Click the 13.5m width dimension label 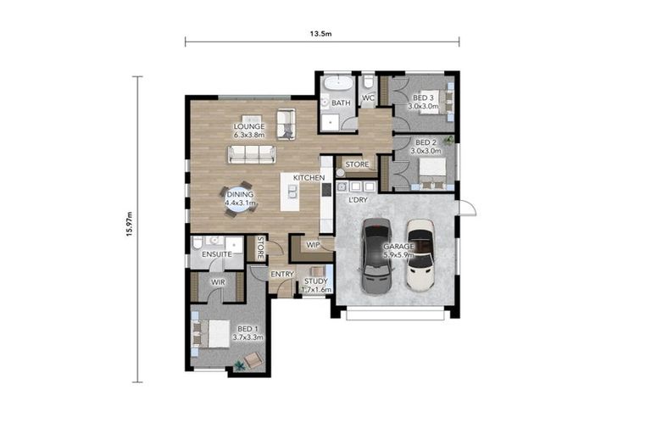pyautogui.click(x=320, y=34)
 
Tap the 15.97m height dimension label pyautogui.click(x=130, y=225)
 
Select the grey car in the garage pyautogui.click(x=376, y=256)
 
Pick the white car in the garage pyautogui.click(x=420, y=254)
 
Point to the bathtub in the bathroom pyautogui.click(x=338, y=83)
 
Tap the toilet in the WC pyautogui.click(x=368, y=82)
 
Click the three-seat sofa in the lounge pyautogui.click(x=252, y=154)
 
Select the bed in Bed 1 pyautogui.click(x=211, y=333)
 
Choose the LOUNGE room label pyautogui.click(x=249, y=126)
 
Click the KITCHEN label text pyautogui.click(x=309, y=178)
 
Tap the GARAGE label pyautogui.click(x=398, y=247)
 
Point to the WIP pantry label pyautogui.click(x=313, y=245)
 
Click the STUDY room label pyautogui.click(x=316, y=281)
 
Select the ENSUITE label pyautogui.click(x=217, y=254)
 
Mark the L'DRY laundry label pyautogui.click(x=358, y=200)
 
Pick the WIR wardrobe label pyautogui.click(x=218, y=282)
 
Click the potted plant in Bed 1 pyautogui.click(x=240, y=365)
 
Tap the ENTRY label pyautogui.click(x=282, y=274)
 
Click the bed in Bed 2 pyautogui.click(x=432, y=173)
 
